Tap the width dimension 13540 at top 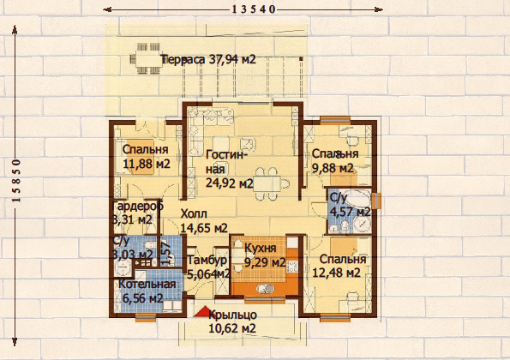coord(254,9)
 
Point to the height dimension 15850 coord(16,181)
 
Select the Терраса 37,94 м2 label coord(209,59)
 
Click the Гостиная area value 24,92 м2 coord(230,183)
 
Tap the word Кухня coord(261,248)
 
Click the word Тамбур coord(207,261)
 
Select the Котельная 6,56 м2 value coord(143,298)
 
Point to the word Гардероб coord(138,206)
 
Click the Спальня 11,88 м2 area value coord(147,164)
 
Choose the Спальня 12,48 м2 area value coord(336,273)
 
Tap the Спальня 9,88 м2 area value coord(333,168)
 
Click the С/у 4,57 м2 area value coord(350,212)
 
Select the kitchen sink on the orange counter coord(265,289)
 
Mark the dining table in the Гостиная coord(268,183)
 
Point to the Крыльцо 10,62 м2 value coord(232,328)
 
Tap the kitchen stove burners coord(291,266)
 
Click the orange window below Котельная coord(145,317)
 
